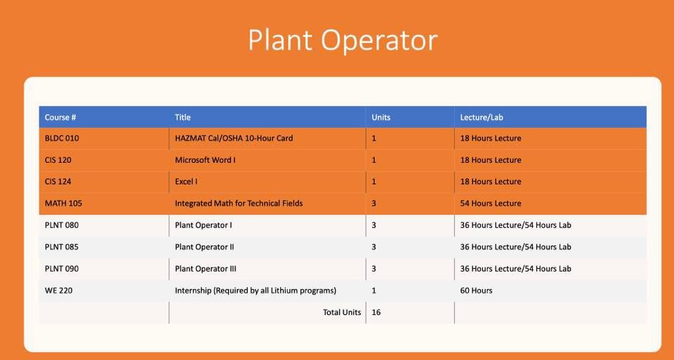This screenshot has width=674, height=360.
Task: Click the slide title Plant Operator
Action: coord(343,41)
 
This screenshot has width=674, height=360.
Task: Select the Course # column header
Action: coord(60,117)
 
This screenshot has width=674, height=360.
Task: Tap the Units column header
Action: coord(381,117)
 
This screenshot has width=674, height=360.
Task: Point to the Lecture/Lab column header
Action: coord(482,117)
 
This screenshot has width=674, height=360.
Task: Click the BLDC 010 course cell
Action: coord(62,138)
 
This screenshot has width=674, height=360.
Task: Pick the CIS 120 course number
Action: coord(58,160)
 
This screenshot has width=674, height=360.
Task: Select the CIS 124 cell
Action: coord(58,182)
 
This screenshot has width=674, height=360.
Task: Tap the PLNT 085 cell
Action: coord(62,247)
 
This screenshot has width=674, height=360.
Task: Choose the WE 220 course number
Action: coord(57,291)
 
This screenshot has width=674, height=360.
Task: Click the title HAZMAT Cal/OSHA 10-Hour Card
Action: coord(234,138)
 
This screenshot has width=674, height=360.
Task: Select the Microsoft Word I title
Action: coord(205,160)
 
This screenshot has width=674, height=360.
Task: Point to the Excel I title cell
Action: coord(186,182)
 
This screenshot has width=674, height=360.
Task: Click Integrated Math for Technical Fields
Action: coord(239,204)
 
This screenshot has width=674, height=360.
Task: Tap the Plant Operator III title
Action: coord(206,269)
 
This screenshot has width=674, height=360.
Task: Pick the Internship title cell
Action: coord(256,291)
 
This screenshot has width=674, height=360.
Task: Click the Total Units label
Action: coord(342,312)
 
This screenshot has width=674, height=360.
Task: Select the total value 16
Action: coord(376,312)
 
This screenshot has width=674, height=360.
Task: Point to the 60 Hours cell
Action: coord(476,291)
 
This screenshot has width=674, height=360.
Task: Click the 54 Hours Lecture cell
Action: coord(491,204)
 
